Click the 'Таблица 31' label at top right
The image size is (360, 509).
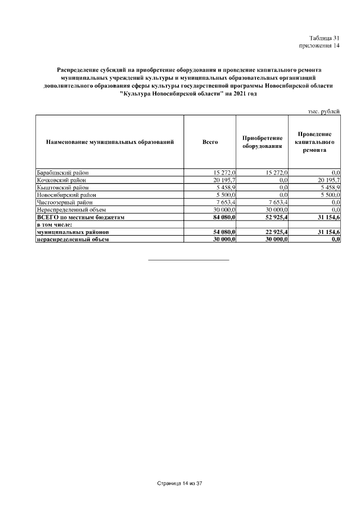[325, 38]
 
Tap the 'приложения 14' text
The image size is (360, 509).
[319, 46]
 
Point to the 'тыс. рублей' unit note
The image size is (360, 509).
[323, 111]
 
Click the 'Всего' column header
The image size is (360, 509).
[210, 142]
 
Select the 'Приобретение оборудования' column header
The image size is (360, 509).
[262, 142]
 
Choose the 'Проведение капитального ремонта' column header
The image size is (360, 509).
[314, 142]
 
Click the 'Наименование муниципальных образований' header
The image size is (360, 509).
[110, 142]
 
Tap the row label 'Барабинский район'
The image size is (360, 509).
[62, 172]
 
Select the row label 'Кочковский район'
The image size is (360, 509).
[61, 179]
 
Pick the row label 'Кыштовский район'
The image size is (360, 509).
[61, 187]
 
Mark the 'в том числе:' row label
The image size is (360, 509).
[54, 224]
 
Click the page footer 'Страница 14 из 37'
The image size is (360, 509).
[179, 483]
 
